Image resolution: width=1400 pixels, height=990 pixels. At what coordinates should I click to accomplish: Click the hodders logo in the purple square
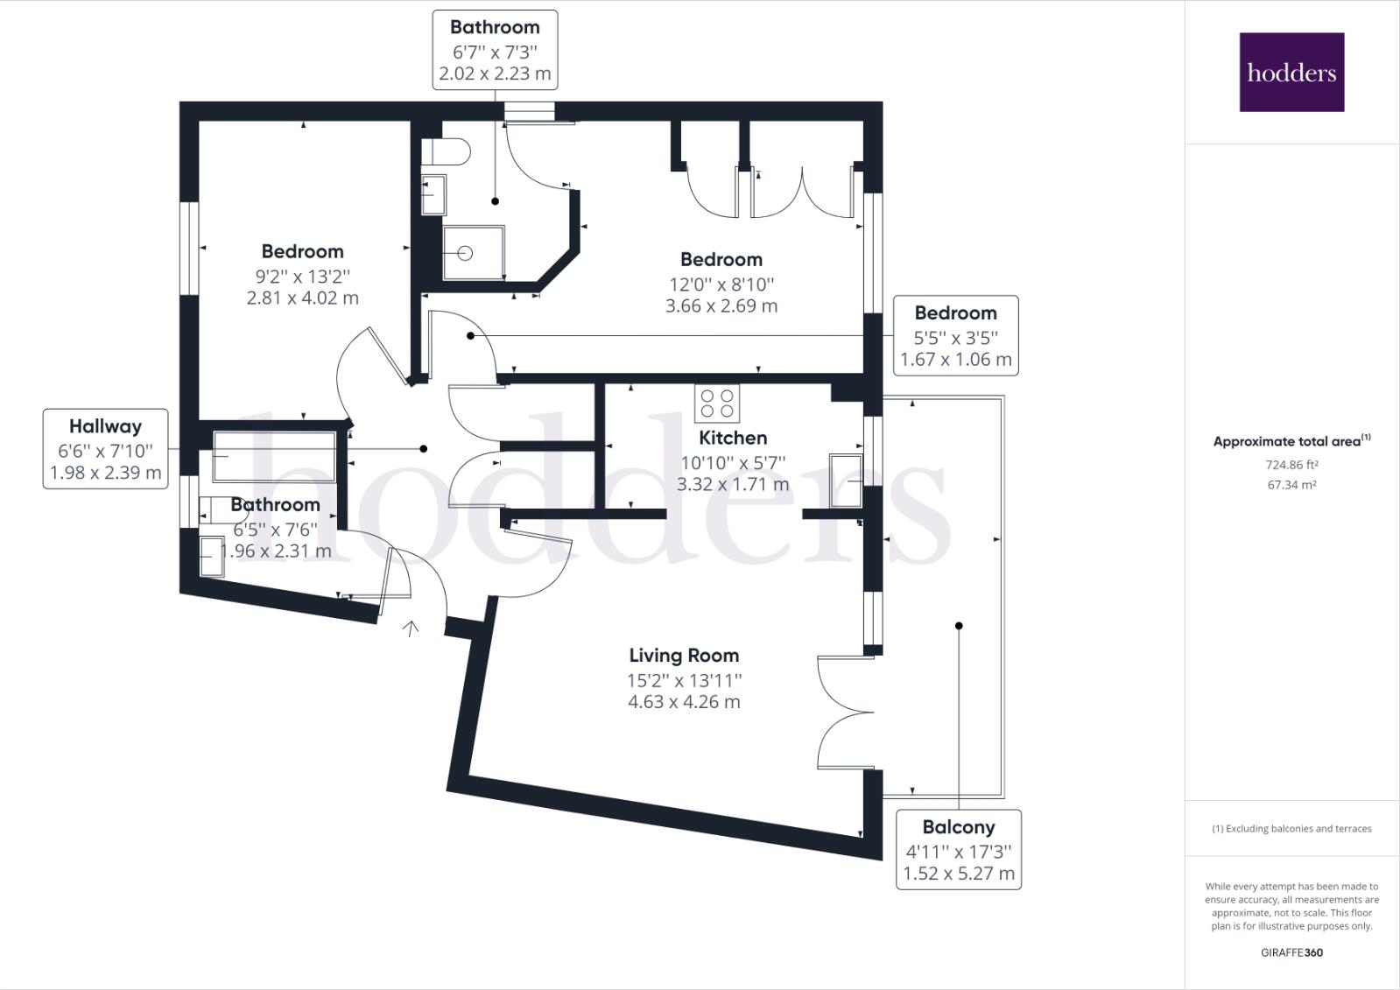coord(1292,73)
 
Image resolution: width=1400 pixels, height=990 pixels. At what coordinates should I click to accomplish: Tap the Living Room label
coord(684,655)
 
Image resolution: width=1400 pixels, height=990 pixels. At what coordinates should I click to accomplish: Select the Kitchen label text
coord(733,438)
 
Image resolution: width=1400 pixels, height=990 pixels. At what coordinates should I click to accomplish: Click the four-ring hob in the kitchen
coord(717,404)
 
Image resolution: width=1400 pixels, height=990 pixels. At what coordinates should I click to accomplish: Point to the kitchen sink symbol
coord(846,481)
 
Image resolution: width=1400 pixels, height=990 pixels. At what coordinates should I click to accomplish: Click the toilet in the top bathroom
coord(446,151)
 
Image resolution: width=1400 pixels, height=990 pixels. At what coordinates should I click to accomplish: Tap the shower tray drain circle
coord(465,253)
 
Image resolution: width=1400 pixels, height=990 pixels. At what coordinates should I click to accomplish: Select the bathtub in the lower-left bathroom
coord(274,456)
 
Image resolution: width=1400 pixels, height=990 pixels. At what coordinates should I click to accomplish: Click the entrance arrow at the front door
coord(410,628)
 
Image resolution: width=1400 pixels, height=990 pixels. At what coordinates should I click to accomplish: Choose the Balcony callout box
coord(959,849)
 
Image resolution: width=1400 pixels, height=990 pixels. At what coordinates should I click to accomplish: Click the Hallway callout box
coord(105,449)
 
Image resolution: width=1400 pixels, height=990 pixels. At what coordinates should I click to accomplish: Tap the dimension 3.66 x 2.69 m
coord(721,305)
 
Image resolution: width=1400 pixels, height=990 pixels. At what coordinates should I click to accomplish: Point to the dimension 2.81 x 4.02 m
coord(302,298)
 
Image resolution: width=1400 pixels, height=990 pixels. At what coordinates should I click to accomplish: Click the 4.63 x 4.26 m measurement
coord(684,701)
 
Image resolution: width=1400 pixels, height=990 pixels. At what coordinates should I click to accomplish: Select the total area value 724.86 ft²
coord(1292,465)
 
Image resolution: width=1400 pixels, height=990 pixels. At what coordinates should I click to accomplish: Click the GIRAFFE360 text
coord(1292,952)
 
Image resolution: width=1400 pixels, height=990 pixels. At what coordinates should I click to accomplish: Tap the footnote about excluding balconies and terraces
coord(1292,828)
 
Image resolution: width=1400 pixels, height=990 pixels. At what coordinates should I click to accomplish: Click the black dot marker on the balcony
coord(959,626)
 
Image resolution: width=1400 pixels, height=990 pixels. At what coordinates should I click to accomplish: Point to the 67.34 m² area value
coord(1292,484)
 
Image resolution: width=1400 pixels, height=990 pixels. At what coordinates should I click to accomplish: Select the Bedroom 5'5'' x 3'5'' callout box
coord(955,335)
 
